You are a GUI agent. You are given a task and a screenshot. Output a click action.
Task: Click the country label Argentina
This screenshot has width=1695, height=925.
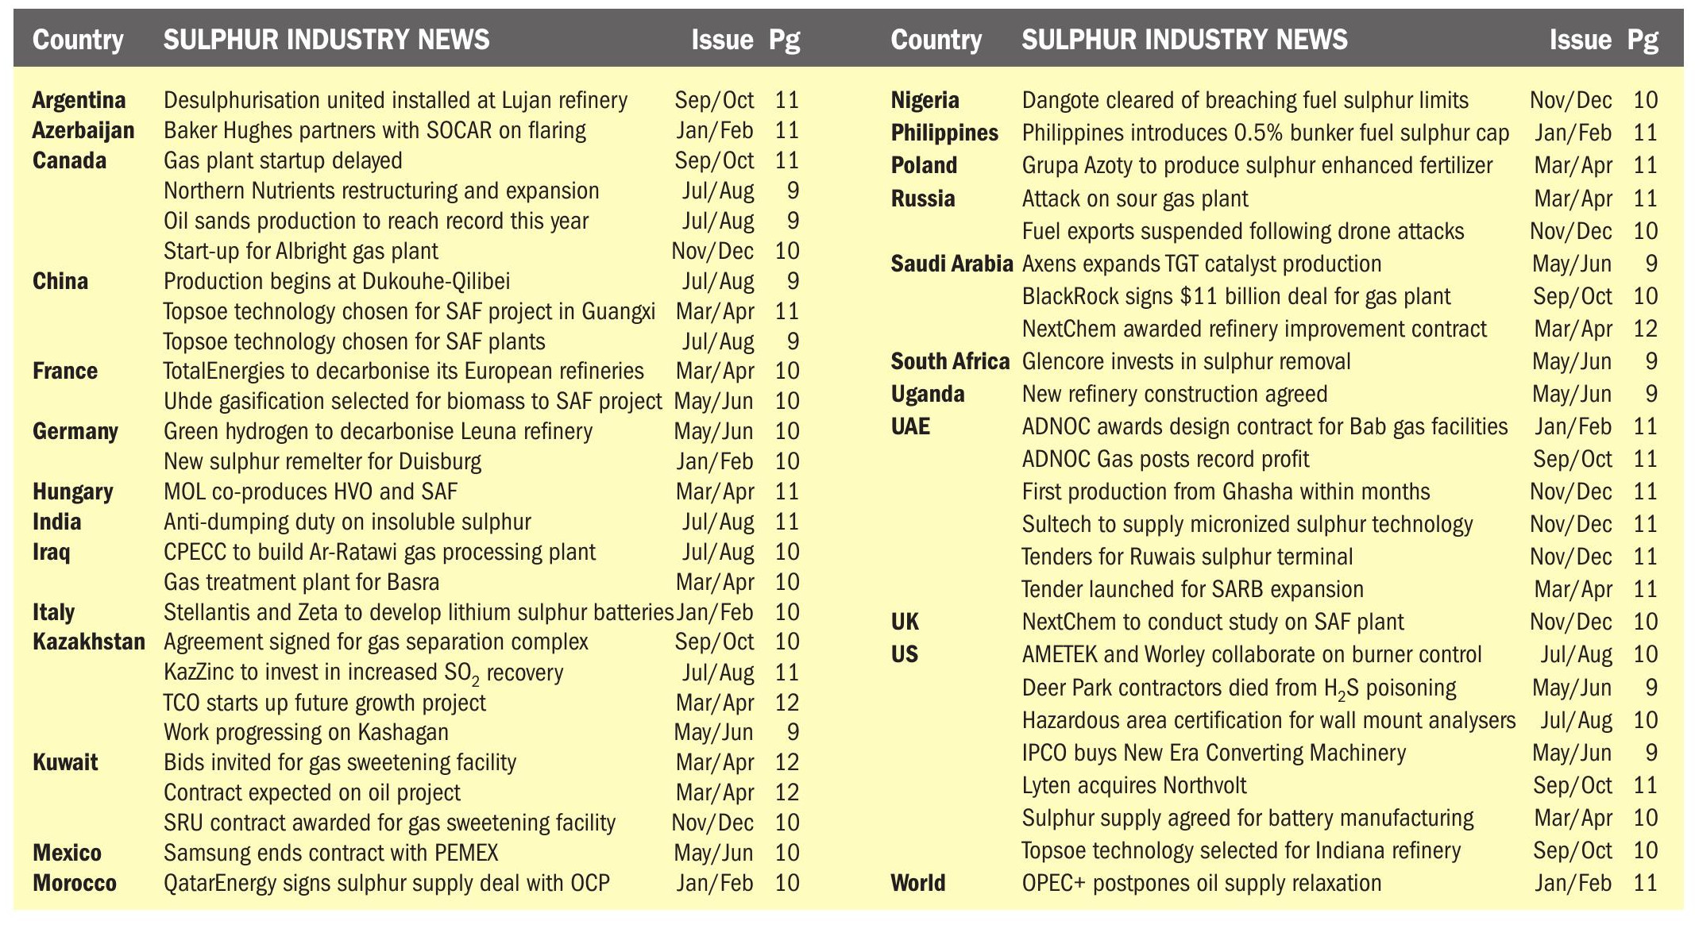[x=79, y=100]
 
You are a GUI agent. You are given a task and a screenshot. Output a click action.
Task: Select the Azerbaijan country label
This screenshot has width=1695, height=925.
[x=83, y=130]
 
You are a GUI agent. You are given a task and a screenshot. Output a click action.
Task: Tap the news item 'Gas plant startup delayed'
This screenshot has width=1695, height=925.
[x=283, y=160]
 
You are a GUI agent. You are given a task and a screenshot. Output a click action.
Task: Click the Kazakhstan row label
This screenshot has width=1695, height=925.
[x=88, y=642]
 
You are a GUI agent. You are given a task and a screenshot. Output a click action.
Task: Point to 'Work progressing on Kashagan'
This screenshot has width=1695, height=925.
[x=306, y=732]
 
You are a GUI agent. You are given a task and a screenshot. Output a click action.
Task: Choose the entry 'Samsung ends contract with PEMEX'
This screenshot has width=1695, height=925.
[x=330, y=853]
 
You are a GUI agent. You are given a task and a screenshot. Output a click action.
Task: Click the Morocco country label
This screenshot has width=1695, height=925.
[x=75, y=883]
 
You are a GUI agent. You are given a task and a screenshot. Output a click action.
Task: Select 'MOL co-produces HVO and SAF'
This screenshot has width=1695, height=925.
[x=311, y=491]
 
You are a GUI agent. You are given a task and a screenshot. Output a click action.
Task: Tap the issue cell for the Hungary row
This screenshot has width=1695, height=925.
[x=714, y=491]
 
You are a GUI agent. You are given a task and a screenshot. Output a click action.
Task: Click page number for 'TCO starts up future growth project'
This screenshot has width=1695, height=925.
[x=786, y=703]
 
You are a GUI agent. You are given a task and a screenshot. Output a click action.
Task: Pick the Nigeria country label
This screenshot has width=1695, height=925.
[x=925, y=100]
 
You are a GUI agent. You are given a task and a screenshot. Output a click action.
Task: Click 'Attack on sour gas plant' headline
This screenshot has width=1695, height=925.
[x=1134, y=198]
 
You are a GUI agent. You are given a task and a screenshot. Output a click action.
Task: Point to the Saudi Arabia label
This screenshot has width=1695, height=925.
[x=952, y=264]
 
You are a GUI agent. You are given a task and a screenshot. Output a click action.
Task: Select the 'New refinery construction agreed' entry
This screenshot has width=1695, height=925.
[x=1174, y=394]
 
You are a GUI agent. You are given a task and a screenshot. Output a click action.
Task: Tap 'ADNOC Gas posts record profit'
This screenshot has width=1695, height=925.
[x=1165, y=459]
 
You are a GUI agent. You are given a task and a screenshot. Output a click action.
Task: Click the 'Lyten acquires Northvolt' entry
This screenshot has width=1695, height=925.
[x=1133, y=785]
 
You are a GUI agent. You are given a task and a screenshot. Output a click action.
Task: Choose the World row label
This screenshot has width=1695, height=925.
[x=917, y=883]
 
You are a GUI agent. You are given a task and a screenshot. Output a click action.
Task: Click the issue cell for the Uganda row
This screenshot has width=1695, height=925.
[x=1571, y=394]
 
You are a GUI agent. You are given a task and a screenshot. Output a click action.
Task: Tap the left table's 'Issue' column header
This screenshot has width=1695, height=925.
[x=721, y=40]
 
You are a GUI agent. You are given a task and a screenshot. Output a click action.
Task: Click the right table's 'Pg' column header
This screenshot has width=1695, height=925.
[x=1642, y=40]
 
